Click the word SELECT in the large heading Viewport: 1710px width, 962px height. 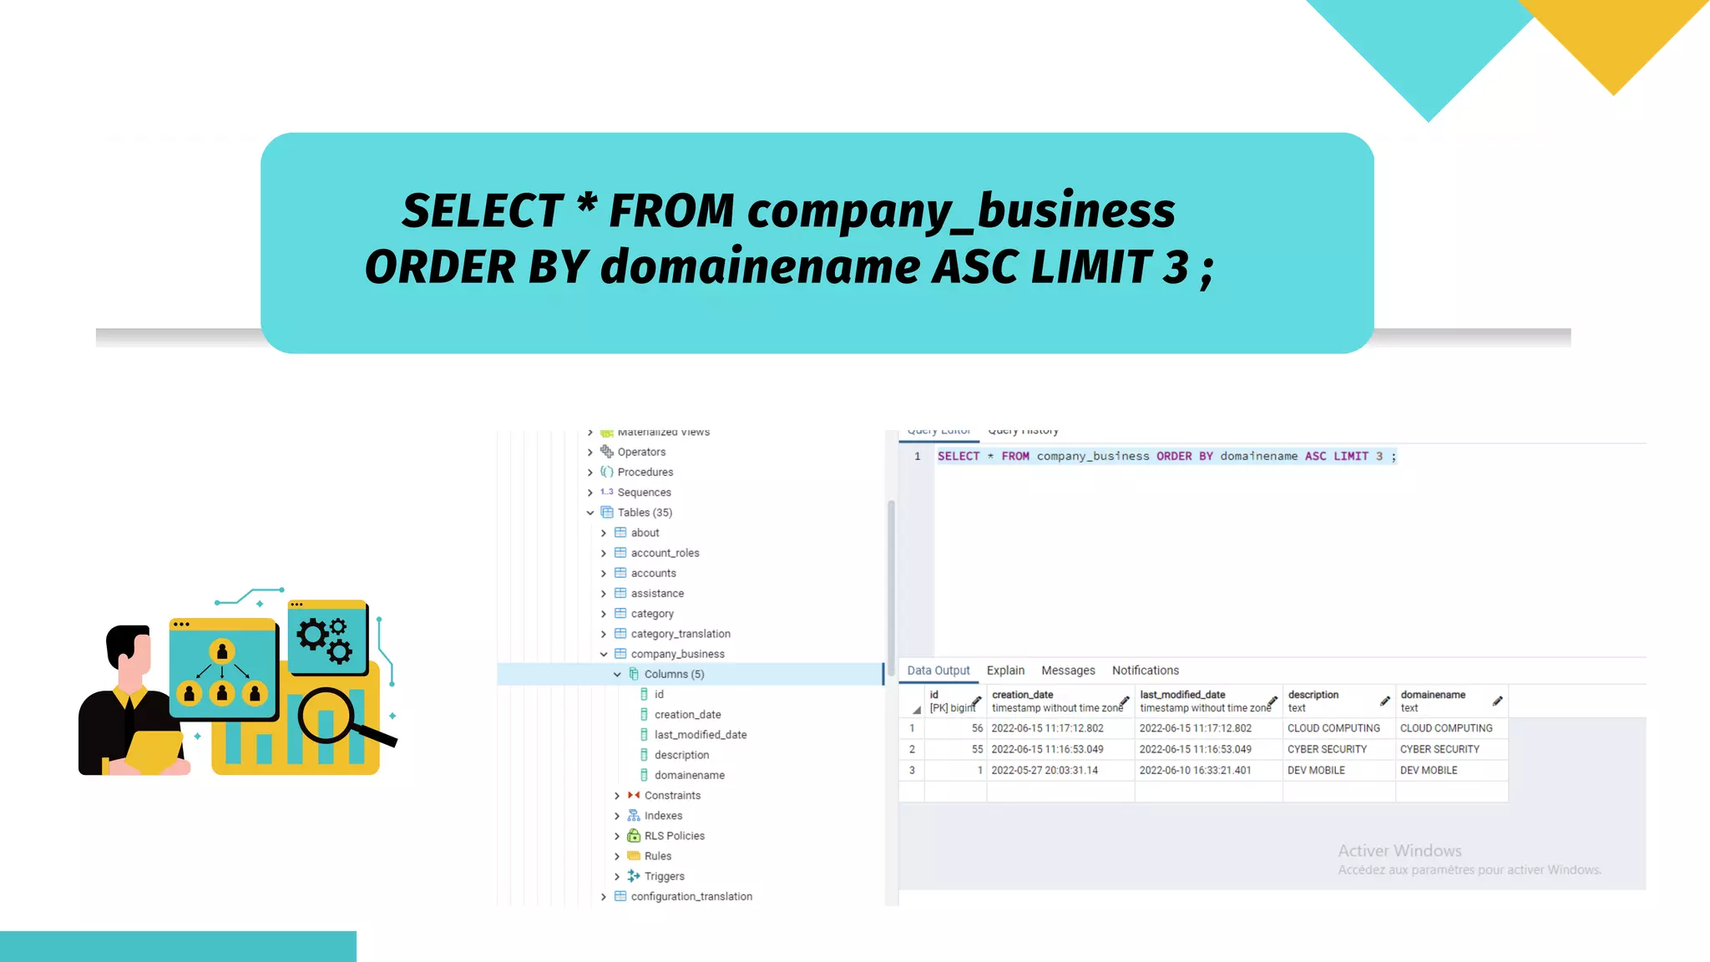pos(483,210)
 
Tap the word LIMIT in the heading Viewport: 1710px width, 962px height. pos(1091,267)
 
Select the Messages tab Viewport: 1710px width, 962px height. pos(1068,671)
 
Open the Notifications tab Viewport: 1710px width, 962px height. pos(1145,671)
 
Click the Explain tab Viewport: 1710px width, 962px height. pos(1005,671)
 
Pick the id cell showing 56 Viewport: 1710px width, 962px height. pos(976,728)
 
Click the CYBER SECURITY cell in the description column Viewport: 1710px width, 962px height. pos(1327,749)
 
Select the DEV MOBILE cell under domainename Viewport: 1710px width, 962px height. pos(1429,770)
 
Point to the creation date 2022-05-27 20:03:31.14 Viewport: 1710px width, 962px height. pos(1045,770)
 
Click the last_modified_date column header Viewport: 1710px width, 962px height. pos(1182,695)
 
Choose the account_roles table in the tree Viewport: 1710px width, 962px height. pos(665,553)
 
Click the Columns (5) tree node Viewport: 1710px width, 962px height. pos(674,674)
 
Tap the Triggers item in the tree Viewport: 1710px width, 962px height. pos(664,876)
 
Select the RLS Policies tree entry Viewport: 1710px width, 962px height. pos(674,836)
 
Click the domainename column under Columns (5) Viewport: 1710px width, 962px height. pos(689,775)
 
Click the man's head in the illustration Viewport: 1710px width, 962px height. pos(130,648)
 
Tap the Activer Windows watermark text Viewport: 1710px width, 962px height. pos(1399,851)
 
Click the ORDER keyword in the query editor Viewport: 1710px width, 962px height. pos(1173,456)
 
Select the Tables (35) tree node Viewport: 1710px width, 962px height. pos(644,513)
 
